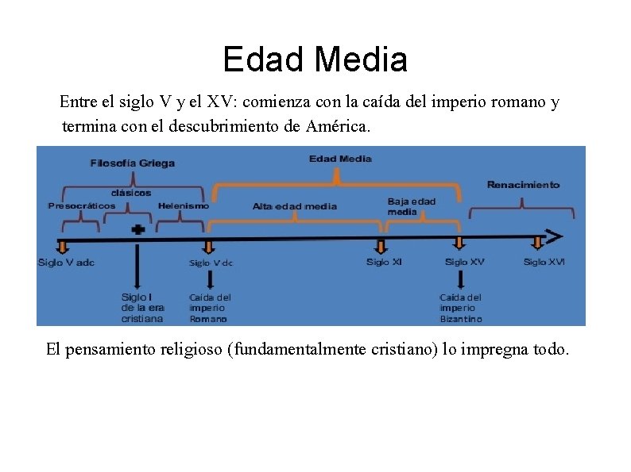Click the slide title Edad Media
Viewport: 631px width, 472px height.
click(315, 59)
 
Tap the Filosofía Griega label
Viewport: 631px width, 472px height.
click(133, 163)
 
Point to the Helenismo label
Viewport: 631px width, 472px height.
click(184, 206)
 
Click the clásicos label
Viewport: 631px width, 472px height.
click(131, 193)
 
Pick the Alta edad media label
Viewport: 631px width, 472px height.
click(295, 206)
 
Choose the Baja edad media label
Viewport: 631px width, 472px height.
click(412, 206)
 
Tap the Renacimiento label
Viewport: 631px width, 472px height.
click(523, 185)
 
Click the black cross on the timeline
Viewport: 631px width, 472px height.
click(138, 229)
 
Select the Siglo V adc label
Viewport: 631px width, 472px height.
click(66, 263)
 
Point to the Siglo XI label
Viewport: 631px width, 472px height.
click(384, 263)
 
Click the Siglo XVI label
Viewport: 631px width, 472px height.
click(544, 262)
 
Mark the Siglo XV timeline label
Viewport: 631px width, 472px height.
click(464, 263)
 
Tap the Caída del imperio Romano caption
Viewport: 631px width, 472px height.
click(210, 308)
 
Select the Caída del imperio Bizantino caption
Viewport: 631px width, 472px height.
click(461, 308)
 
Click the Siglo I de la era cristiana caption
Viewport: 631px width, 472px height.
click(142, 308)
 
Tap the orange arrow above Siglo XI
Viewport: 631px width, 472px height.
click(381, 246)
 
